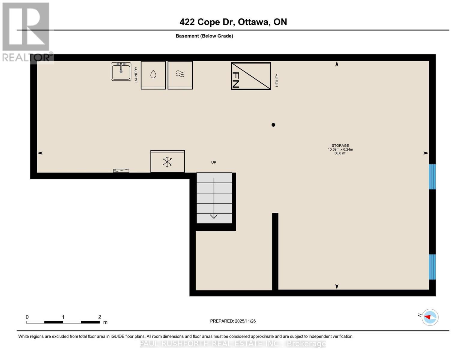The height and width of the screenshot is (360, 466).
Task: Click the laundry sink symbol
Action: click(121, 71)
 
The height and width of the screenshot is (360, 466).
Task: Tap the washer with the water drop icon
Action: click(153, 75)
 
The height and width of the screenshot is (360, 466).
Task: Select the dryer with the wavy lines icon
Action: click(180, 75)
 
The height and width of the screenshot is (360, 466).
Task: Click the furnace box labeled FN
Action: click(251, 76)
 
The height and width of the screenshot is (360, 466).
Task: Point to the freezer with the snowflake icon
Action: click(167, 161)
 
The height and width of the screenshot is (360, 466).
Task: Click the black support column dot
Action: click(273, 125)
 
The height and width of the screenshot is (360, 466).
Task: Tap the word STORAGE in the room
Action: click(340, 145)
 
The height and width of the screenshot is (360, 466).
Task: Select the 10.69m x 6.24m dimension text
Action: click(340, 149)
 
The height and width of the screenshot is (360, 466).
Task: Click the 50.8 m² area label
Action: click(340, 153)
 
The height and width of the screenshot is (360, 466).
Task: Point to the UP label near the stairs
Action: click(214, 162)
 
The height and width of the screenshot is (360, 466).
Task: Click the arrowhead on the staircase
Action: click(214, 216)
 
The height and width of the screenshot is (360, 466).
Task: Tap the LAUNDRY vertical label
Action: click(136, 75)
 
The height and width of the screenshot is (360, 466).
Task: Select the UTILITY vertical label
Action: click(277, 80)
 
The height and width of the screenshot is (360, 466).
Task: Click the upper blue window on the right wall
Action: click(432, 177)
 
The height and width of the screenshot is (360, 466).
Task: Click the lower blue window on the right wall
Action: click(432, 267)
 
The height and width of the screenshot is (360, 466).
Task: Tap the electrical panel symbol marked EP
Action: click(121, 171)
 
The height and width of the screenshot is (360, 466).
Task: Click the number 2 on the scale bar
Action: click(100, 317)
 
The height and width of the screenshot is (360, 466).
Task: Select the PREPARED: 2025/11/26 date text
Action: click(233, 321)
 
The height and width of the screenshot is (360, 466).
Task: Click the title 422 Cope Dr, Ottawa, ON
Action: click(233, 22)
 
